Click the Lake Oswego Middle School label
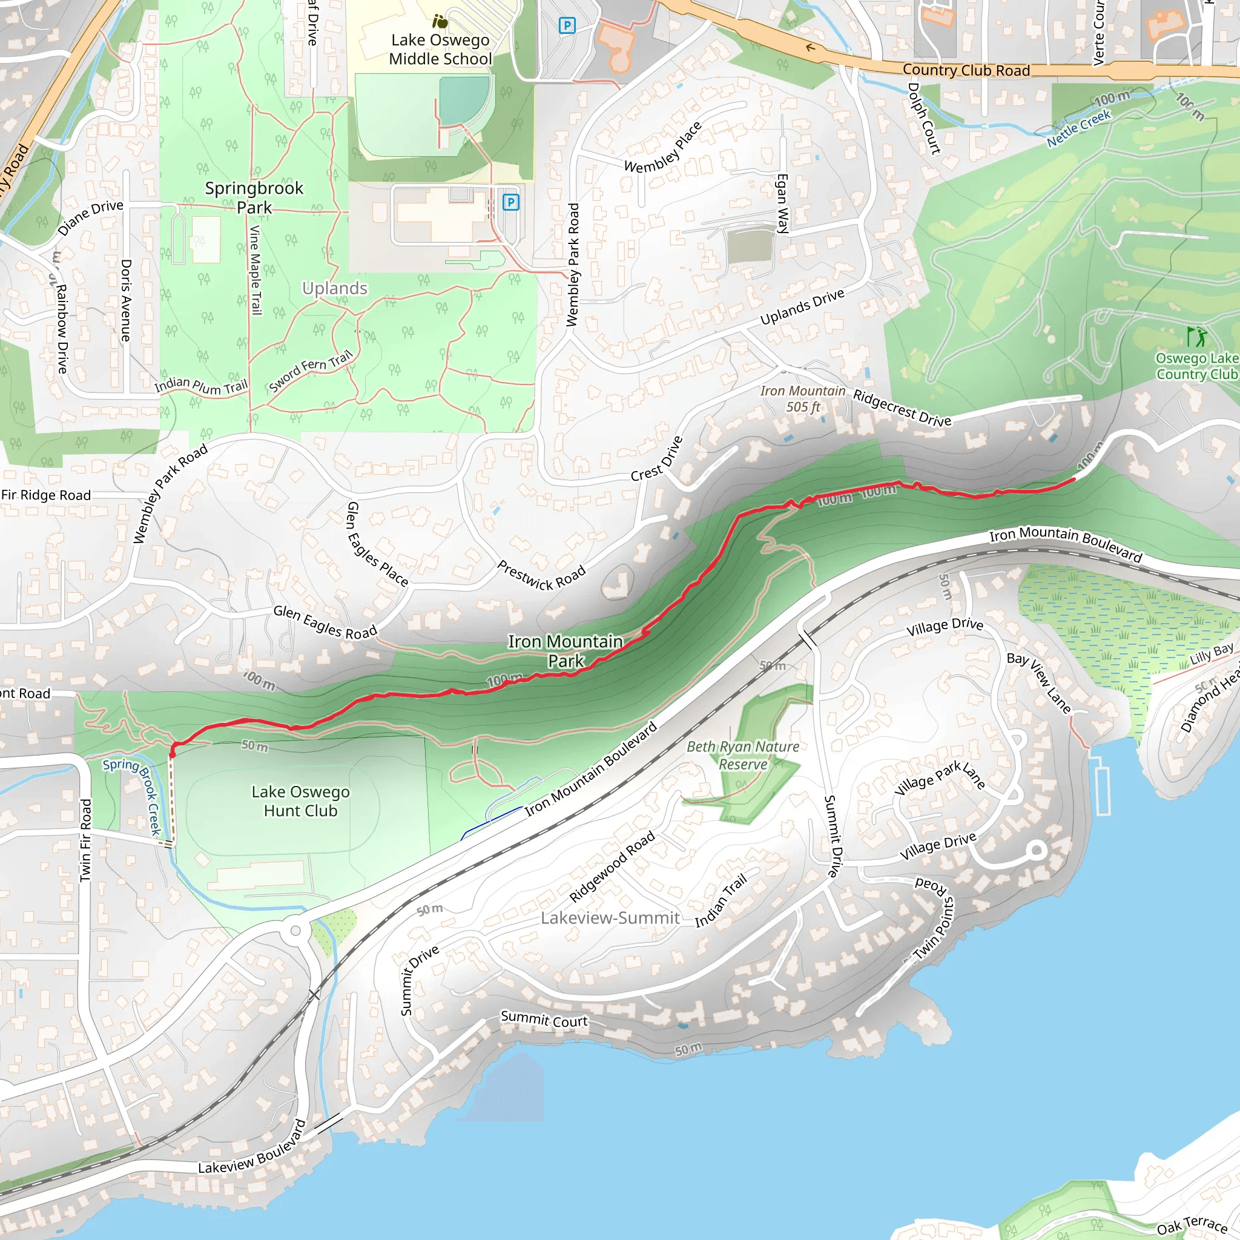(x=440, y=50)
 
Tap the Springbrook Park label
(x=254, y=197)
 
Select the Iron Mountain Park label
(x=566, y=651)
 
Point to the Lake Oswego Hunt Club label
(x=300, y=801)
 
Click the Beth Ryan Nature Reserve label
(x=742, y=756)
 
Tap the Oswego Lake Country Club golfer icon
(x=1196, y=336)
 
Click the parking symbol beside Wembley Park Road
(x=510, y=203)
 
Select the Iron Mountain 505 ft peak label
(x=802, y=398)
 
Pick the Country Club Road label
(x=966, y=70)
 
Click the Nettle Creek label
(x=1078, y=128)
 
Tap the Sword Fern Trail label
(x=311, y=371)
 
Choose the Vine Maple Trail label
(x=255, y=270)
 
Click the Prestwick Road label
(x=542, y=576)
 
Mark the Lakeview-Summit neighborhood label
(x=610, y=918)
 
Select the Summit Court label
(x=544, y=1019)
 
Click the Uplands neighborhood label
(x=334, y=288)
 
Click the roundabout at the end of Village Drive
(x=1035, y=851)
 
